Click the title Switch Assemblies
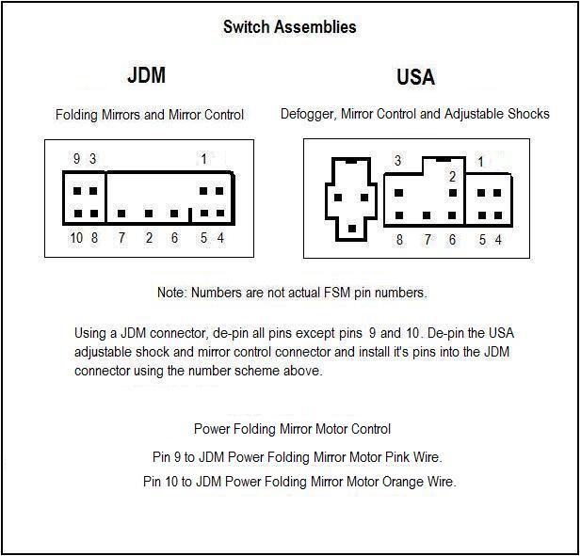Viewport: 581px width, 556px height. pos(289,26)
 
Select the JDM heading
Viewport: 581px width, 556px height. pos(145,76)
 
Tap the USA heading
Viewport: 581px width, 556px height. pos(415,76)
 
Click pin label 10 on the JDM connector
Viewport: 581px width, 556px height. pos(76,239)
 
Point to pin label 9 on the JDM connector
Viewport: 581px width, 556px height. pos(76,158)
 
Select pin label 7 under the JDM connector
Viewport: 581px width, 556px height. pos(121,239)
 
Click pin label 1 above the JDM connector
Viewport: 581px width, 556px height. pos(203,158)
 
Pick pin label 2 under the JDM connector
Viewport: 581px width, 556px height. pos(149,239)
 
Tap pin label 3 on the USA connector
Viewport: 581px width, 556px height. pos(397,161)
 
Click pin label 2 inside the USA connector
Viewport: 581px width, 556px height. pos(452,176)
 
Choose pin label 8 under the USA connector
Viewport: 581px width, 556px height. pos(399,240)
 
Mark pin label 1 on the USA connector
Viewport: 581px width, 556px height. pos(480,162)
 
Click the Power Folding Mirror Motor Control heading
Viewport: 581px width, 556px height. pos(292,429)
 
